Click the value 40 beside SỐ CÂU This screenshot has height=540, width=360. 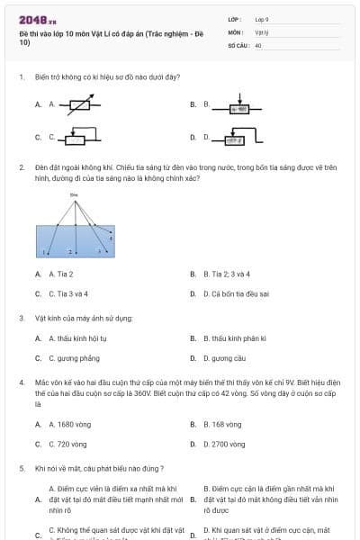click(258, 44)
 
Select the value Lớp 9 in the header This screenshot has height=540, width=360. click(262, 18)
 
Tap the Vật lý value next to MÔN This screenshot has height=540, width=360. click(262, 31)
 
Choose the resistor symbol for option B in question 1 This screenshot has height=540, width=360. click(238, 106)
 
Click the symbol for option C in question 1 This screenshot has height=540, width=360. click(76, 138)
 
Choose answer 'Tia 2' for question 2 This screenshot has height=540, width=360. click(64, 274)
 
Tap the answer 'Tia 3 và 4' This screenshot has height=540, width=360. click(70, 293)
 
